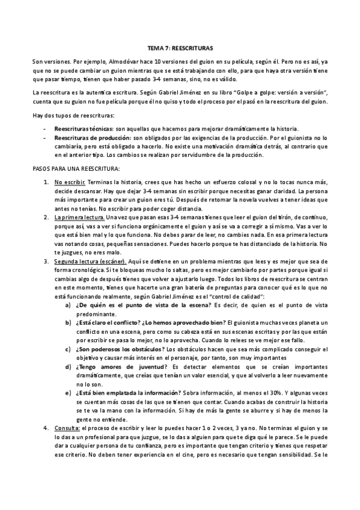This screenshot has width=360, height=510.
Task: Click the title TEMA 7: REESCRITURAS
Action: [180, 46]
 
